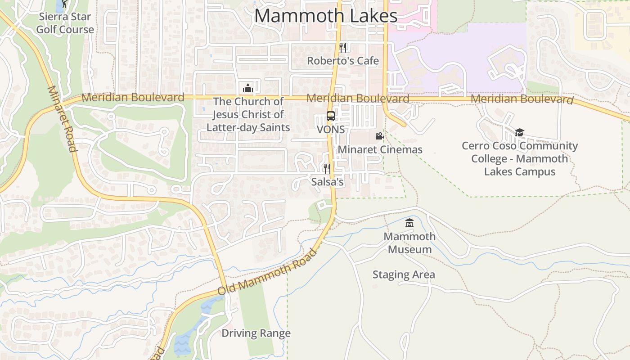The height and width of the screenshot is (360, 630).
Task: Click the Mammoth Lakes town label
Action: (x=326, y=16)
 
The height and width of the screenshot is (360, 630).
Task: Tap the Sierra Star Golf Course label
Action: (x=65, y=23)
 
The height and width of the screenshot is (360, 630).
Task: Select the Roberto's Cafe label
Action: (x=343, y=61)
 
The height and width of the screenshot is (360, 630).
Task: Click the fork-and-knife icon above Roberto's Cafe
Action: (x=343, y=47)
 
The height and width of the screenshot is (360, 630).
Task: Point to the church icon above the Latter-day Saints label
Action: (x=248, y=88)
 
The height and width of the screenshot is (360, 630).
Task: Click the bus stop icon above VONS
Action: (x=331, y=116)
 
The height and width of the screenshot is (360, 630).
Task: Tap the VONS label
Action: (x=331, y=130)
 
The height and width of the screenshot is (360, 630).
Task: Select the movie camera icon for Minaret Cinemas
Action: (x=379, y=136)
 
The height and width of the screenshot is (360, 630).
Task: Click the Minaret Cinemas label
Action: (x=380, y=149)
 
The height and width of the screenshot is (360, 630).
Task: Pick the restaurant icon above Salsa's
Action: (x=327, y=169)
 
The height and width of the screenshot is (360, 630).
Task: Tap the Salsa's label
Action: (x=328, y=182)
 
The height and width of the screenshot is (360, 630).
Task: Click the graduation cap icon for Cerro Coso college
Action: (x=520, y=132)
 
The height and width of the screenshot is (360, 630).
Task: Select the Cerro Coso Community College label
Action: (x=520, y=158)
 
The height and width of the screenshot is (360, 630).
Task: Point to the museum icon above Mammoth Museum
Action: (x=409, y=223)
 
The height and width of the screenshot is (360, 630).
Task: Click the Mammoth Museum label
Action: (x=409, y=243)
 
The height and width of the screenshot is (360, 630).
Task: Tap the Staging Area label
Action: (x=404, y=274)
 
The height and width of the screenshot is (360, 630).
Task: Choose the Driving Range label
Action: (x=256, y=333)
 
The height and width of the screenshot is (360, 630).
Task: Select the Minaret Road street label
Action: (x=62, y=119)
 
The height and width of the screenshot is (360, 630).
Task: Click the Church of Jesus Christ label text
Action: (x=248, y=114)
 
